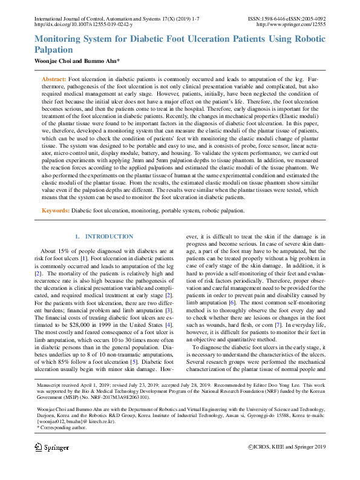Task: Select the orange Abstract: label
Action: click(x=54, y=79)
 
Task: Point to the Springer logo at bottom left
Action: click(x=51, y=447)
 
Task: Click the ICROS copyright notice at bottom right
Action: click(x=287, y=447)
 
